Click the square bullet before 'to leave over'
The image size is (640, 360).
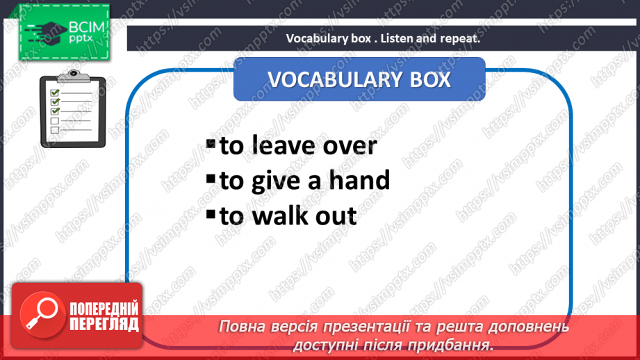click(x=211, y=143)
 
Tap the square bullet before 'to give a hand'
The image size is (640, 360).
click(x=211, y=179)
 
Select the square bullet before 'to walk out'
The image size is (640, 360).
click(x=211, y=214)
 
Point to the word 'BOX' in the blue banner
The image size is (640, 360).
click(x=430, y=80)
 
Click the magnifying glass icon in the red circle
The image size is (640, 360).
click(x=42, y=313)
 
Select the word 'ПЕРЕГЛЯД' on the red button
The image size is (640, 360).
click(x=104, y=325)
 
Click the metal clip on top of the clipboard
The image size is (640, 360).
click(x=74, y=76)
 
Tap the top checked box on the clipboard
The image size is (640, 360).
click(x=55, y=92)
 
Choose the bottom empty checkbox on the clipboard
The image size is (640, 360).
click(x=55, y=130)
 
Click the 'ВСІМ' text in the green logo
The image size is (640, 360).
click(x=87, y=27)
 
